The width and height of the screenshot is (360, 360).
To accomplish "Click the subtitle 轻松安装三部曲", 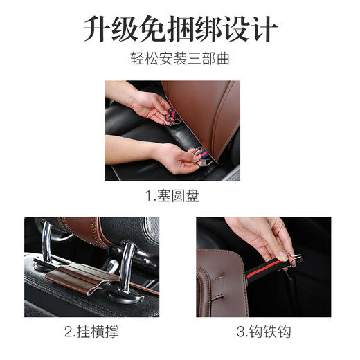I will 180,59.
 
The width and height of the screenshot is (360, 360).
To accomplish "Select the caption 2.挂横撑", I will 91,332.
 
